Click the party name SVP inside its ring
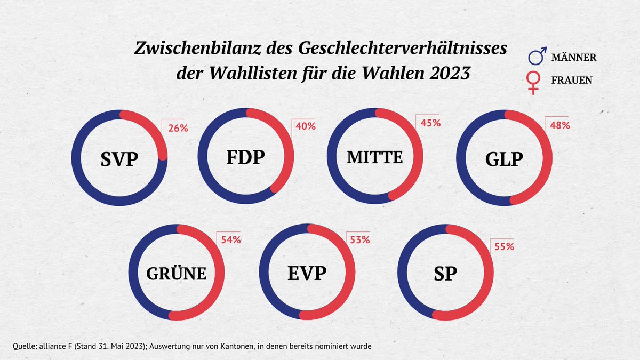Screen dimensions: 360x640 pos(119,159)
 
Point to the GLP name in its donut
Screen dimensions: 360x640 pos(505,159)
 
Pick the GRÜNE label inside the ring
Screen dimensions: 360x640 pos(176,273)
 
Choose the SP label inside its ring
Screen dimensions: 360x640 pos(445,274)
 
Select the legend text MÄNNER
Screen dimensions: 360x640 pos(573,57)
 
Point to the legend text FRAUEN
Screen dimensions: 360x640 pos(571,81)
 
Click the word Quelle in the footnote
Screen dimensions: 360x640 pos(20,346)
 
